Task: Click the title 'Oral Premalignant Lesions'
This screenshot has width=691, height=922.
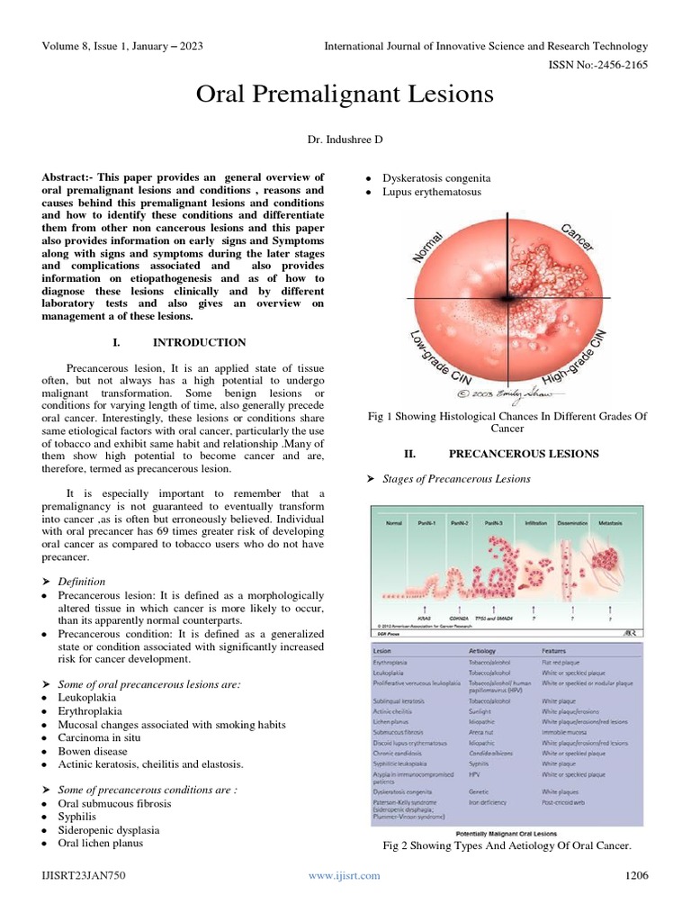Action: pyautogui.click(x=345, y=95)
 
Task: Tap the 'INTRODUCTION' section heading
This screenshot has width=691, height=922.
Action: pyautogui.click(x=199, y=342)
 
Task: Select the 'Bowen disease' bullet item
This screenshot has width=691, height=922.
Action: pyautogui.click(x=93, y=750)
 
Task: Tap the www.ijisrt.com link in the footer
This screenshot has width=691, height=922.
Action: pyautogui.click(x=345, y=875)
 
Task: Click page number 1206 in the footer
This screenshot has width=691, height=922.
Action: pyautogui.click(x=636, y=875)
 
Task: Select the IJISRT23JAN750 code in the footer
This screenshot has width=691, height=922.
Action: pyautogui.click(x=82, y=875)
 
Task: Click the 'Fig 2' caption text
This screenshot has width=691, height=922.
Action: pyautogui.click(x=507, y=846)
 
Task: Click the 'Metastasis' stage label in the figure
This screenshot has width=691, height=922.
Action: pyautogui.click(x=615, y=522)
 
